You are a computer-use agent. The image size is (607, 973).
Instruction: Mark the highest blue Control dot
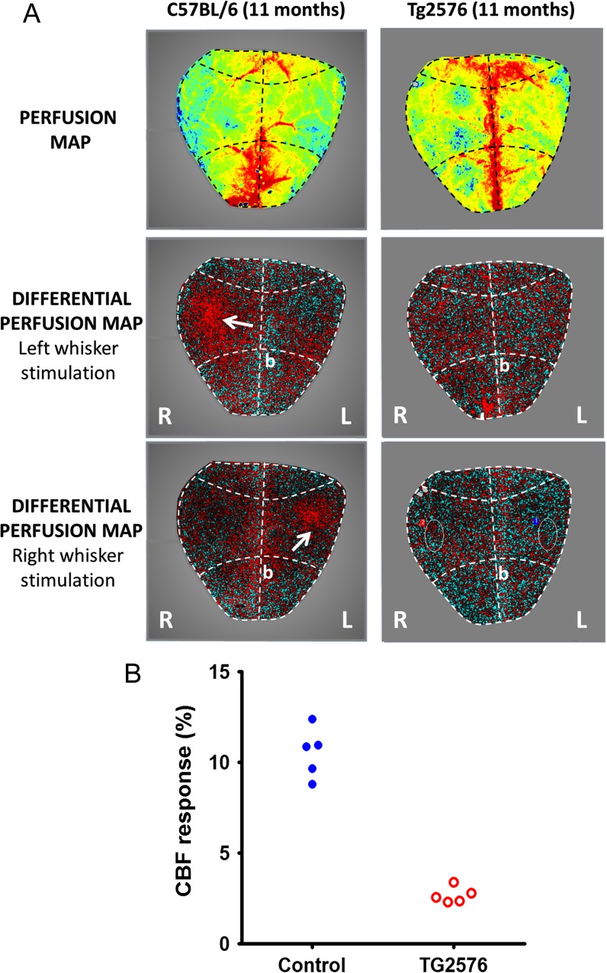[312, 719]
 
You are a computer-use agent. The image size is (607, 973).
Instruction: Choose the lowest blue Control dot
[312, 784]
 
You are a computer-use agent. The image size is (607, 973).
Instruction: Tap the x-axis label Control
[312, 962]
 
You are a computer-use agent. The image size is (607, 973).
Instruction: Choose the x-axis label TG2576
[454, 962]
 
